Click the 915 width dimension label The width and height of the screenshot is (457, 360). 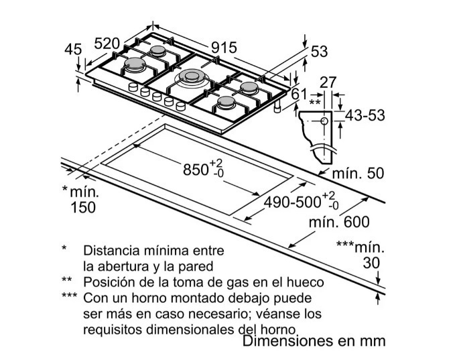(224, 48)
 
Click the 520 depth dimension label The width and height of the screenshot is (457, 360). (107, 44)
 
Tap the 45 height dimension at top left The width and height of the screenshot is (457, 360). (73, 49)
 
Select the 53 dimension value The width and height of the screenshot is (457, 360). (320, 52)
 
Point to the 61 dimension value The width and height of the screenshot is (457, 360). (300, 94)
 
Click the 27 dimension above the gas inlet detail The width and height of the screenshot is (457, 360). (328, 82)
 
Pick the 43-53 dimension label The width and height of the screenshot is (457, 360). (365, 115)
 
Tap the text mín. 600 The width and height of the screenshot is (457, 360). (339, 222)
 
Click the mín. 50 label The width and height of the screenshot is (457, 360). (358, 173)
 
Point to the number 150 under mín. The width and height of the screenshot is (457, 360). (83, 208)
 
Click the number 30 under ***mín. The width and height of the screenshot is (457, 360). (371, 263)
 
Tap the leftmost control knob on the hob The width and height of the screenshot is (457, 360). (133, 87)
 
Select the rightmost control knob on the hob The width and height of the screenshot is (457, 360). (181, 106)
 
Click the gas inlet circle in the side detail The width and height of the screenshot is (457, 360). (324, 121)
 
